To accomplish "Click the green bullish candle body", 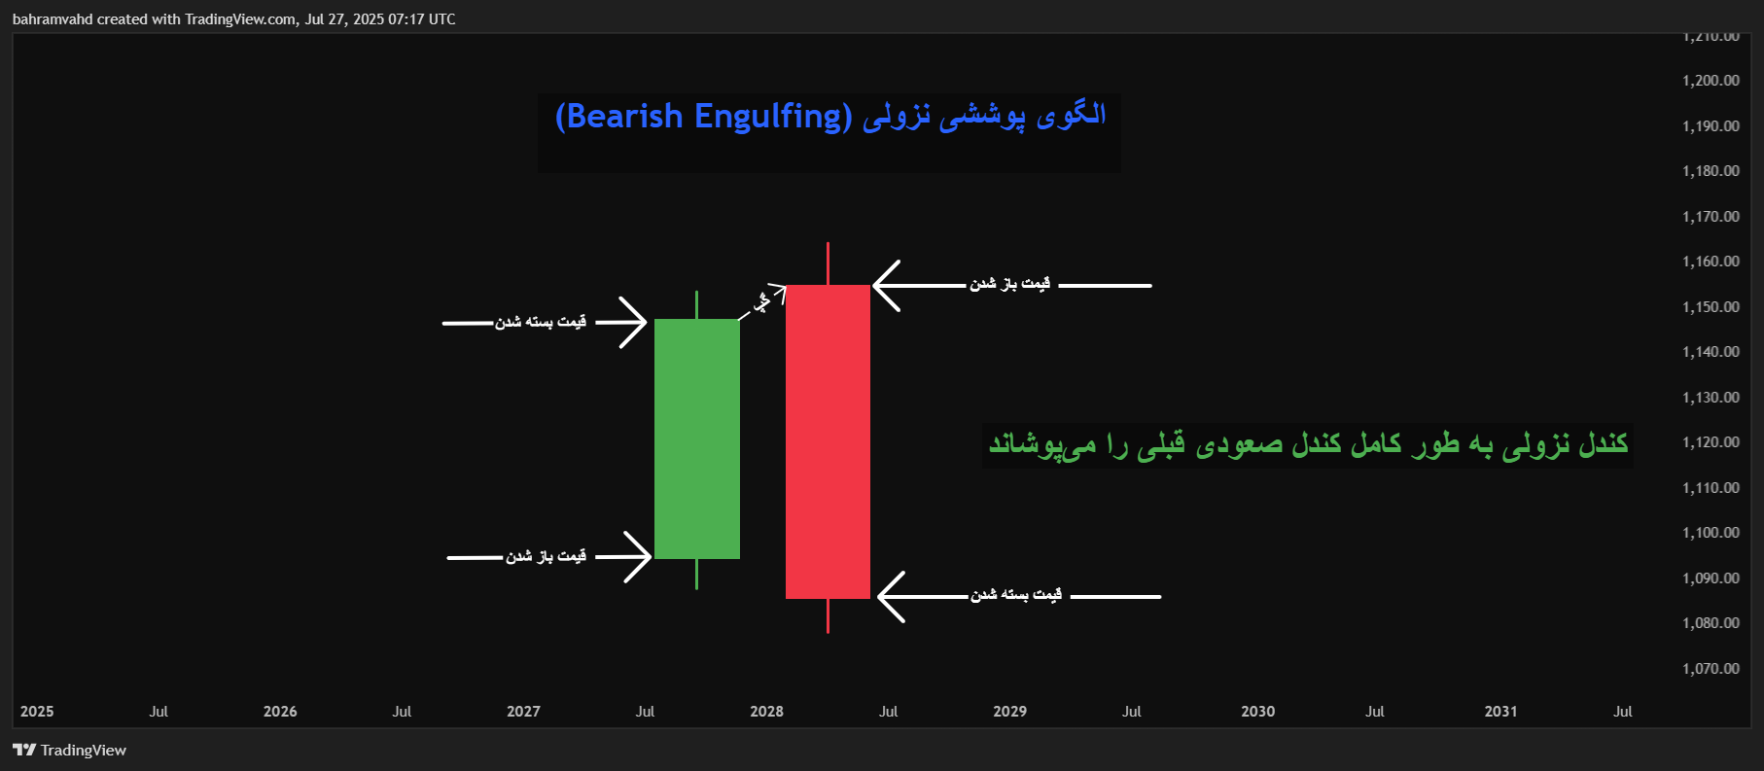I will pos(697,438).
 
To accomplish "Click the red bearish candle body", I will pos(828,441).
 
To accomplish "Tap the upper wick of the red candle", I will pos(828,263).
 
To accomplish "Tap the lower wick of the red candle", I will pos(828,615).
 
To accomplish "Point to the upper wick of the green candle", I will pos(696,304).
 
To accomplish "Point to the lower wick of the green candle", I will pos(696,574).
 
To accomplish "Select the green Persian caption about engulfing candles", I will pos(1308,444).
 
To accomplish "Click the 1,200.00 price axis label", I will pos(1711,81).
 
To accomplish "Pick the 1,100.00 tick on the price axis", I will pos(1711,533).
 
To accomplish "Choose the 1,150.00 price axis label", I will pos(1711,307).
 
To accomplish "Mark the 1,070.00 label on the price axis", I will pos(1711,669).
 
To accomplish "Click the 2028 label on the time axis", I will pos(766,712).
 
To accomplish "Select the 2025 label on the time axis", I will pos(37,712).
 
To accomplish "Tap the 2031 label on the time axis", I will pos(1500,712).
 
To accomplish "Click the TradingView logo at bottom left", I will pos(69,750).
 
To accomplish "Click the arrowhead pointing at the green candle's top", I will pos(637,322).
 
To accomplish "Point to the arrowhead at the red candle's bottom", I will pos(887,596).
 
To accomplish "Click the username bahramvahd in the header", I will pos(53,19).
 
